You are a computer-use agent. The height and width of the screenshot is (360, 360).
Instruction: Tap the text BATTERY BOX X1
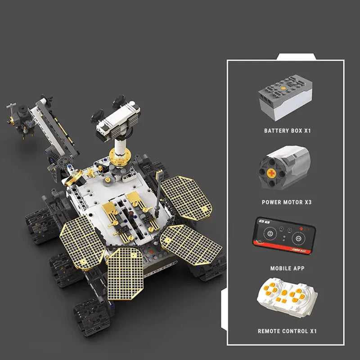(x=288, y=131)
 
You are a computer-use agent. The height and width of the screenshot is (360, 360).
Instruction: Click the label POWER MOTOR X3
(x=287, y=202)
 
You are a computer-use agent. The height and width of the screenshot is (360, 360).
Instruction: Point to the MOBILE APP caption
(x=287, y=268)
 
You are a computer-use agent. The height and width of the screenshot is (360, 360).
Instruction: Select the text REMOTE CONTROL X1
(x=287, y=331)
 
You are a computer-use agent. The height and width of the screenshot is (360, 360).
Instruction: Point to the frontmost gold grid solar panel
(x=125, y=270)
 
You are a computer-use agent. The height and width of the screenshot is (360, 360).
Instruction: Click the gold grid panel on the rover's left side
(x=82, y=242)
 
